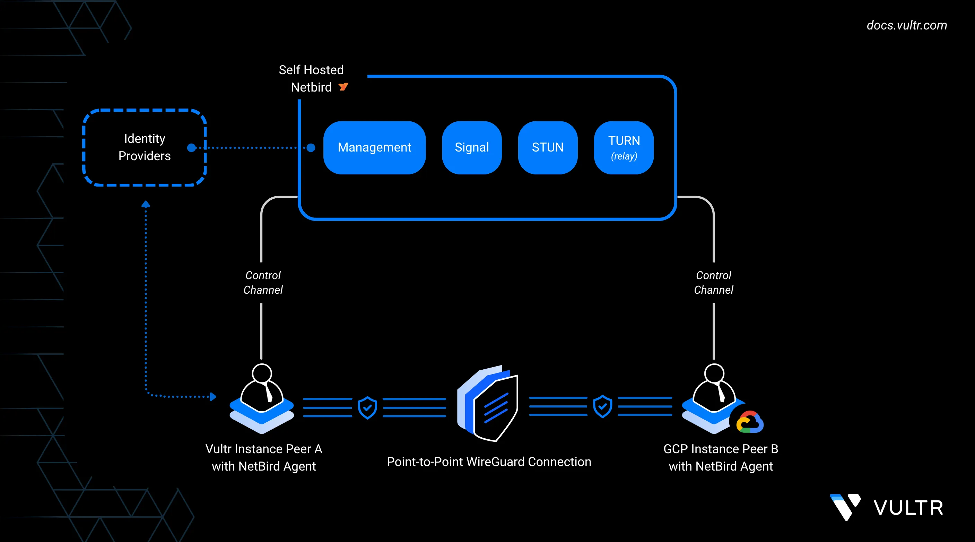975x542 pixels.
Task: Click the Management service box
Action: pyautogui.click(x=374, y=147)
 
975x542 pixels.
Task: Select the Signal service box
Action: pyautogui.click(x=472, y=147)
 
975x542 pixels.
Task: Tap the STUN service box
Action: pyautogui.click(x=547, y=147)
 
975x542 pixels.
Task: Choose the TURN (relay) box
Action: pyautogui.click(x=624, y=147)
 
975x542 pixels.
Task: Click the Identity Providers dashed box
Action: pyautogui.click(x=144, y=147)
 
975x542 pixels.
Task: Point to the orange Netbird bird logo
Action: pyautogui.click(x=343, y=87)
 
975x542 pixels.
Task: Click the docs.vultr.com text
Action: pyautogui.click(x=906, y=25)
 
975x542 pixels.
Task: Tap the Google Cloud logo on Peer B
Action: pyautogui.click(x=749, y=422)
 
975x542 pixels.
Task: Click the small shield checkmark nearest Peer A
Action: pyautogui.click(x=367, y=407)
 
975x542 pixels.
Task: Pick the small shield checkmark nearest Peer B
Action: pyautogui.click(x=602, y=406)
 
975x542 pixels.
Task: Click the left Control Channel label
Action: pyautogui.click(x=263, y=283)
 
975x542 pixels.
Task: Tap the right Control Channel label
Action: pyautogui.click(x=713, y=283)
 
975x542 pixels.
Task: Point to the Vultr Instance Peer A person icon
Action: pyautogui.click(x=262, y=390)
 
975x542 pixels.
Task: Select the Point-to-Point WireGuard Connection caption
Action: pyautogui.click(x=489, y=462)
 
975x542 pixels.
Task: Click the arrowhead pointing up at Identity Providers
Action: pyautogui.click(x=146, y=205)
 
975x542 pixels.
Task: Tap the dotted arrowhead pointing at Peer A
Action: pyautogui.click(x=213, y=397)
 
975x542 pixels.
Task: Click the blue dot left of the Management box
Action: pyautogui.click(x=311, y=148)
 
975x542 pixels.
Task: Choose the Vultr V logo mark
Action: pyautogui.click(x=845, y=507)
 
